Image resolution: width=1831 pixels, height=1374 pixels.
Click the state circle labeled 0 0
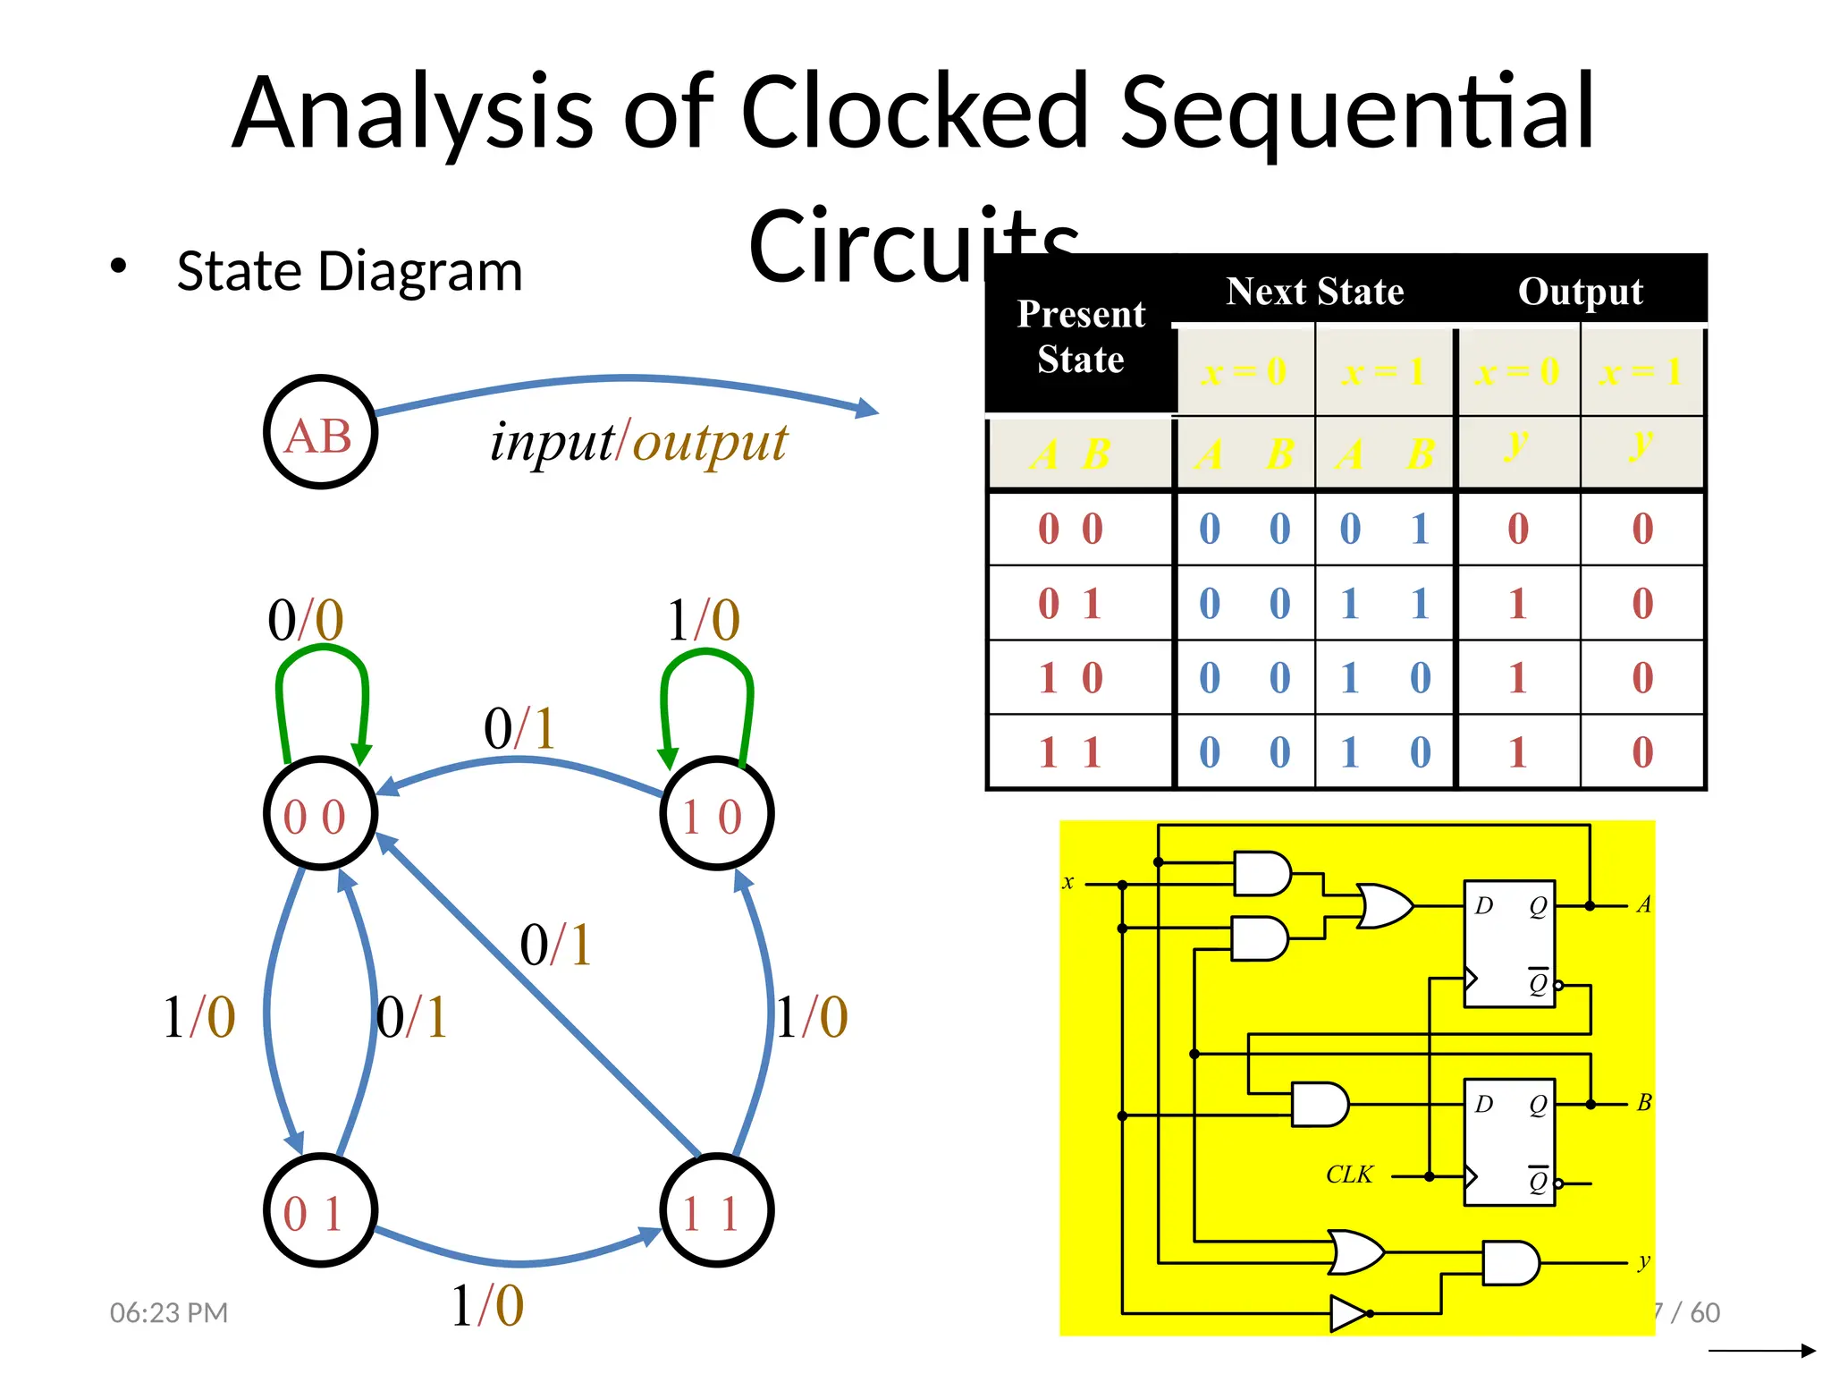pos(320,813)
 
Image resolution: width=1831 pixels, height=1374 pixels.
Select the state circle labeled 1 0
pos(716,813)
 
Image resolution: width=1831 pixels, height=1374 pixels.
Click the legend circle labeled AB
pos(320,432)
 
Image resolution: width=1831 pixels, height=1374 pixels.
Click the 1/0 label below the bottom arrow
pos(487,1306)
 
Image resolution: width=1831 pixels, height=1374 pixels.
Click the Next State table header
pos(1314,292)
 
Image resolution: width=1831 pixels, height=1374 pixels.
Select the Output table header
pos(1580,292)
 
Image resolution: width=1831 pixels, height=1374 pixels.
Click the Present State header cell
pos(1080,336)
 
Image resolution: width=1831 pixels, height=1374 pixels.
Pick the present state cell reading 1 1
pos(1070,752)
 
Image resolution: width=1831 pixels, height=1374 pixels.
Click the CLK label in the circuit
pos(1348,1175)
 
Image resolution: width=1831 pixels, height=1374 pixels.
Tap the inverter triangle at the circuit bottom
pos(1346,1313)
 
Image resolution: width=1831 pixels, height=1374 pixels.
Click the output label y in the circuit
pos(1643,1261)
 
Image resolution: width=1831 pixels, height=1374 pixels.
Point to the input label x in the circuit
pos(1067,882)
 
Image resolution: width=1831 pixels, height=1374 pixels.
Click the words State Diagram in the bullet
pos(350,271)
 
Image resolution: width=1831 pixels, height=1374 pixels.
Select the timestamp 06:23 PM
pos(169,1312)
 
